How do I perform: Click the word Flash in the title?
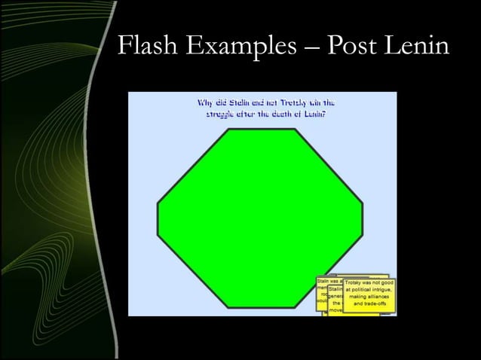coord(149,46)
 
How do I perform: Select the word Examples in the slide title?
coord(245,47)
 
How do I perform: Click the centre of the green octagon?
coord(260,218)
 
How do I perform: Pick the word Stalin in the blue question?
coord(238,102)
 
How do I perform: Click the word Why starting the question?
coord(206,102)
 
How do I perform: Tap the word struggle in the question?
coord(224,114)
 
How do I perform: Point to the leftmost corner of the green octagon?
coord(157,203)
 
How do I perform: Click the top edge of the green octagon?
coord(260,130)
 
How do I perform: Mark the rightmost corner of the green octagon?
coord(363,203)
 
